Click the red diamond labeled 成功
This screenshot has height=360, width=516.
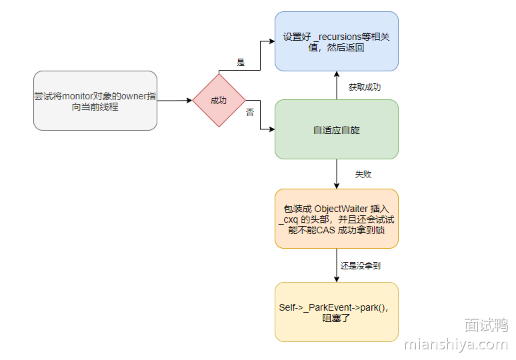click(219, 100)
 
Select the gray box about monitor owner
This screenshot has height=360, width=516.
click(95, 101)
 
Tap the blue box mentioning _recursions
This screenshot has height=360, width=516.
click(336, 41)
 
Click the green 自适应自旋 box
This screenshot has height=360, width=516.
click(336, 129)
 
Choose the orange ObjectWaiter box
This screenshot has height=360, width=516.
click(336, 219)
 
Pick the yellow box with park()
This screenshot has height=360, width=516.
click(336, 312)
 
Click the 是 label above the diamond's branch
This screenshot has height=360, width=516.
click(241, 63)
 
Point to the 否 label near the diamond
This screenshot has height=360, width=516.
click(250, 113)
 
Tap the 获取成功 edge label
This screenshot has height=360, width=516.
click(365, 87)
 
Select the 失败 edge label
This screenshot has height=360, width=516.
click(363, 174)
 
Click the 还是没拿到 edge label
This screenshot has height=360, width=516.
click(360, 265)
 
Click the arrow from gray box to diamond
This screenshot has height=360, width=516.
click(175, 101)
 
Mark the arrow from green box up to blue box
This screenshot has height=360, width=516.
click(337, 85)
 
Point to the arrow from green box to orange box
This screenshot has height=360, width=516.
click(337, 174)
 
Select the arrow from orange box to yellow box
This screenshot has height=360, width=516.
click(337, 265)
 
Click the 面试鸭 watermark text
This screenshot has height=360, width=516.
click(486, 325)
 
